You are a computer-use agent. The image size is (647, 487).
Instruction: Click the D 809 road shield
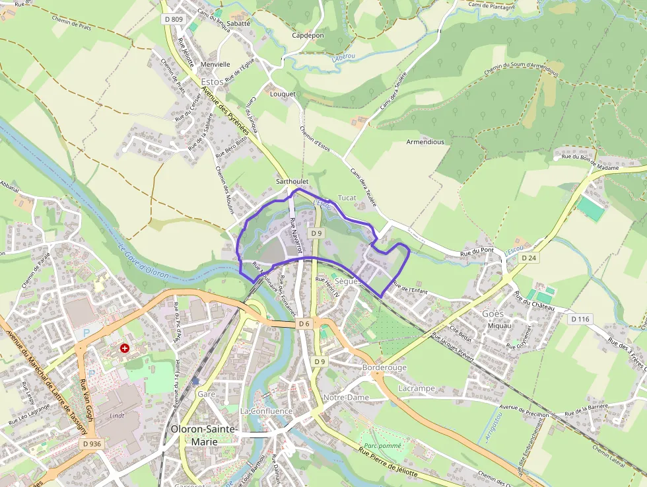pos(172,19)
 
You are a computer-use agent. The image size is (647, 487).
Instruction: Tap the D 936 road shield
pos(92,444)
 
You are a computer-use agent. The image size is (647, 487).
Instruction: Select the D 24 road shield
pos(528,258)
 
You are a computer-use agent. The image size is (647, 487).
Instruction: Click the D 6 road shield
pos(303,324)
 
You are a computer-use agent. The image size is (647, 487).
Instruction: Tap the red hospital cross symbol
pos(124,348)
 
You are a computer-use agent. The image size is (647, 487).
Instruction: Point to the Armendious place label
pos(425,142)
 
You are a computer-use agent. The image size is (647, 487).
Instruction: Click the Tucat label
pos(347,198)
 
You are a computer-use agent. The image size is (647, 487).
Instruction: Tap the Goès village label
pos(493,313)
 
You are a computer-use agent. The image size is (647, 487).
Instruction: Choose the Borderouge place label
pos(384,367)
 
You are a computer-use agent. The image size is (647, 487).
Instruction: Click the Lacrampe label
pos(417,389)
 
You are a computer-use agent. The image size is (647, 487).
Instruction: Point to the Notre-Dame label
pos(346,397)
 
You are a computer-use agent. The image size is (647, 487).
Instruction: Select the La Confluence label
pos(266,411)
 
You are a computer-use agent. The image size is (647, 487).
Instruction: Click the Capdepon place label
pos(308,36)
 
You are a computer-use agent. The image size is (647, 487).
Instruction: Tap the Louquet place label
pos(283,94)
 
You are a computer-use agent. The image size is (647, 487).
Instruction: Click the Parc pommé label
pos(379,446)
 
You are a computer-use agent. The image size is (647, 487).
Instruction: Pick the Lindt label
pos(117,416)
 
